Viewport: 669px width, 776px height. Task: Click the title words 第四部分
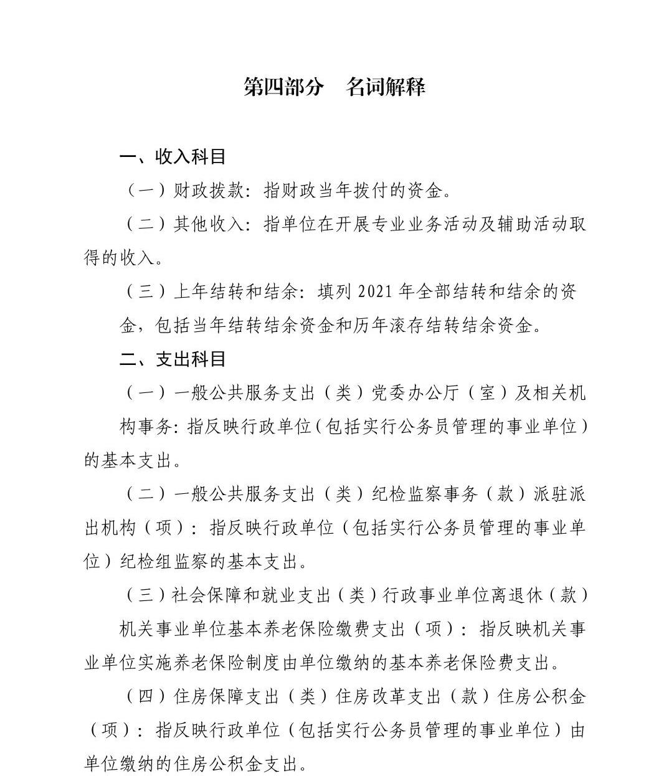[283, 87]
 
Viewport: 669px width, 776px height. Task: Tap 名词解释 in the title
[386, 87]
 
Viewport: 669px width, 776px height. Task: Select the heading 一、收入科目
[173, 156]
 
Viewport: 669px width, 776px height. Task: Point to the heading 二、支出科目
[173, 359]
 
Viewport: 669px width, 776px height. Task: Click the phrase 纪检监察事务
[425, 494]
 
